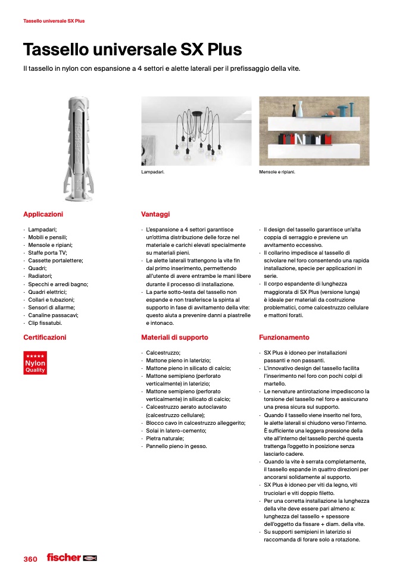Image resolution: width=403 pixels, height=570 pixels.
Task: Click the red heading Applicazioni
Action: [43, 214]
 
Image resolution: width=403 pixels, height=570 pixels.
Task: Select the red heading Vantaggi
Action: [155, 214]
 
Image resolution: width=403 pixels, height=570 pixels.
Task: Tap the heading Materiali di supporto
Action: [174, 337]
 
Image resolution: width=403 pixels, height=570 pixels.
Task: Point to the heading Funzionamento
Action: [284, 337]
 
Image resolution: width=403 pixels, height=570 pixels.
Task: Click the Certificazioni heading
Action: [45, 337]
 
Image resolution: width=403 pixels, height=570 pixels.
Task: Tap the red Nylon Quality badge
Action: [35, 363]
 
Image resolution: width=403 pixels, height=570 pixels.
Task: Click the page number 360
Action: [30, 559]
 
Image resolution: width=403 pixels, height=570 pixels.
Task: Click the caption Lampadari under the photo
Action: [152, 172]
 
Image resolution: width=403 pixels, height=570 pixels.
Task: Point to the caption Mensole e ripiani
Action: [277, 172]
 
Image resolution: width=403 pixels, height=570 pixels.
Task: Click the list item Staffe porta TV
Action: [47, 253]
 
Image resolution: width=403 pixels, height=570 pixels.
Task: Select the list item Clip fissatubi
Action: [45, 322]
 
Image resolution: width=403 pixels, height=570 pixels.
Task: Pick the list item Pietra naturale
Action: [165, 438]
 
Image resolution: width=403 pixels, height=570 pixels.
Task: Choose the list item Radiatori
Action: [40, 276]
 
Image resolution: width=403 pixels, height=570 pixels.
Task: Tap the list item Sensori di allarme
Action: [50, 307]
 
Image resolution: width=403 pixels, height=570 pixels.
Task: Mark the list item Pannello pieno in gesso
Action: [176, 446]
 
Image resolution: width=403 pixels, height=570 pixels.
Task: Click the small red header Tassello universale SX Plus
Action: [54, 21]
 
